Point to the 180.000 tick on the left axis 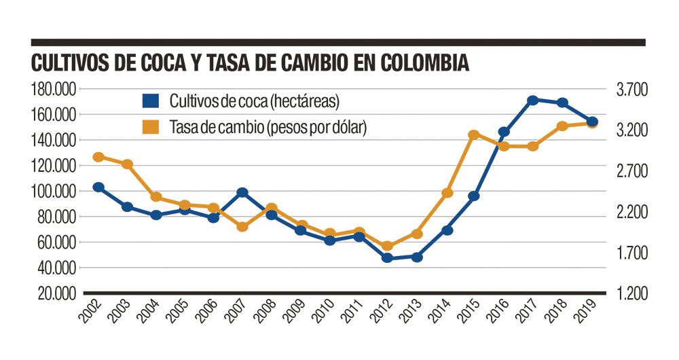52,89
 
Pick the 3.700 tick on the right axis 632,89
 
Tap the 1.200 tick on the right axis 632,293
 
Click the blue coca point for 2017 533,101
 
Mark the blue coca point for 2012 388,258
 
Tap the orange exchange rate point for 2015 475,135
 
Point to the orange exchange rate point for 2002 98,157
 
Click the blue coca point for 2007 242,193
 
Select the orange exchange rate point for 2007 242,227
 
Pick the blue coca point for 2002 98,187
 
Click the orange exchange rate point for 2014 447,193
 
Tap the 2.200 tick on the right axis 632,212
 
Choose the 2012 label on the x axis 382,312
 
